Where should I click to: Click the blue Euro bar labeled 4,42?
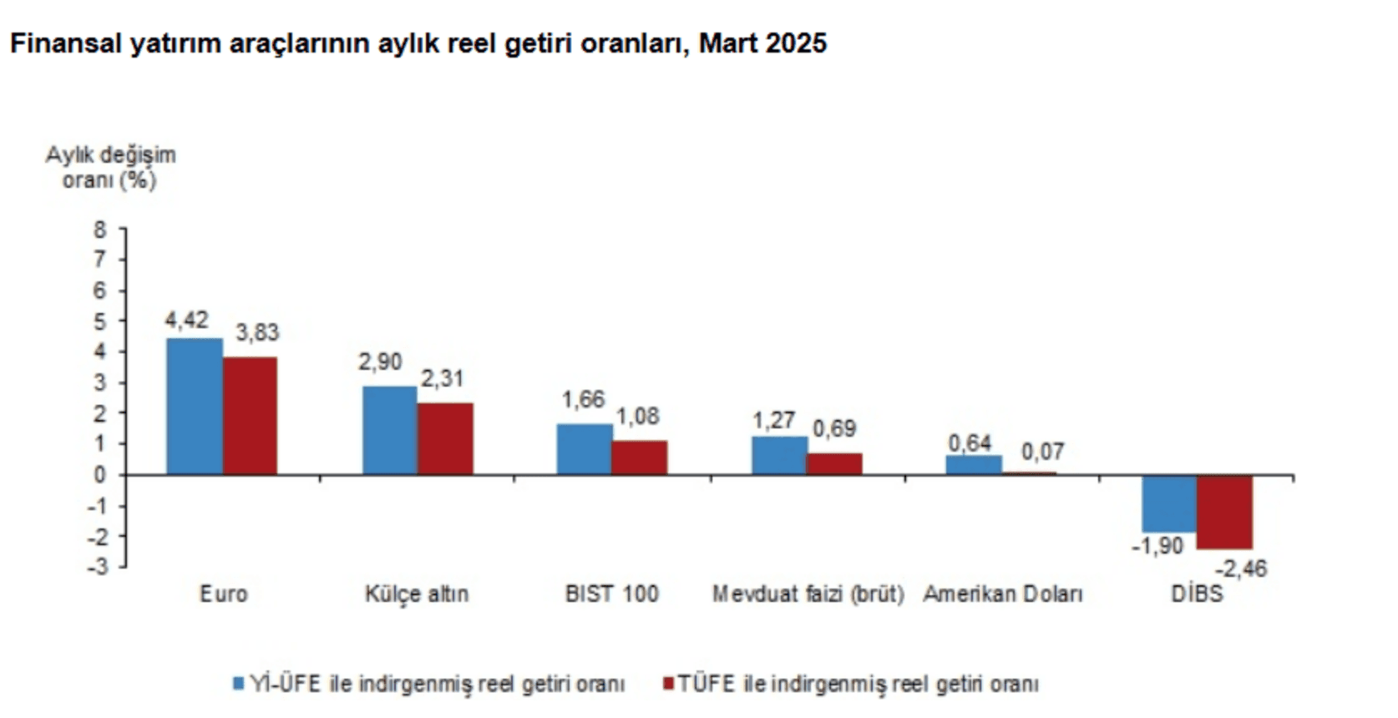(195, 407)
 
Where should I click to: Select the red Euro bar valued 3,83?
(251, 416)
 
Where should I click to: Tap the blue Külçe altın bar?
(390, 430)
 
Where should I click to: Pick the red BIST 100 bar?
(640, 458)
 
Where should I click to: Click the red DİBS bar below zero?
(1224, 512)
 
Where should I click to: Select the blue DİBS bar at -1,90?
(1169, 503)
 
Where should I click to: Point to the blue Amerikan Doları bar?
(974, 465)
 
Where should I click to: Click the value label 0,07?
(1042, 453)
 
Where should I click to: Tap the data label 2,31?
(442, 379)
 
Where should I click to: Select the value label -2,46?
(1240, 569)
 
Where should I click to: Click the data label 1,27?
(773, 420)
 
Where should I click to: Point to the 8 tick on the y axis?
(100, 230)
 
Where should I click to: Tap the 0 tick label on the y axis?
(100, 475)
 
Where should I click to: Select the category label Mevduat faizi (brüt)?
(808, 594)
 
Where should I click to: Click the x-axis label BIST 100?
(611, 594)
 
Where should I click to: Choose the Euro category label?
(223, 594)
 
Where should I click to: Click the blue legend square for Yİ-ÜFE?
(238, 684)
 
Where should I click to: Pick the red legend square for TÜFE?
(667, 684)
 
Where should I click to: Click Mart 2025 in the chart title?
(762, 43)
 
